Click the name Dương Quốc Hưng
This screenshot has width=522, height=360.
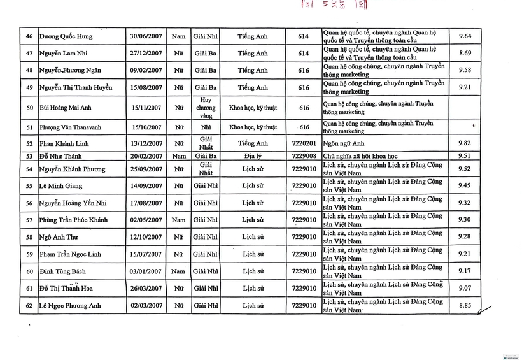[x=66, y=37]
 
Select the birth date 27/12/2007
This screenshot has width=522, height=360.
[x=146, y=54]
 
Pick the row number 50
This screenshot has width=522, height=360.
[x=29, y=108]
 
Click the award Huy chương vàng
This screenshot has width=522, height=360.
[x=205, y=108]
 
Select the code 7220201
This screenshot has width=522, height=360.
[x=303, y=144]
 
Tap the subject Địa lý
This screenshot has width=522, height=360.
[x=253, y=155]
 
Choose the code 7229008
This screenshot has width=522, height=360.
[x=303, y=155]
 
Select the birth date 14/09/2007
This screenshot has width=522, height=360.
[x=146, y=186]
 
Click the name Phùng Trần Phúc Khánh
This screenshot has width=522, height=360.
[x=74, y=220]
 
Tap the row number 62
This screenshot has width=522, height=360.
[x=29, y=306]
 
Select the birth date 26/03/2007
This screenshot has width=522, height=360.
[x=146, y=289]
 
